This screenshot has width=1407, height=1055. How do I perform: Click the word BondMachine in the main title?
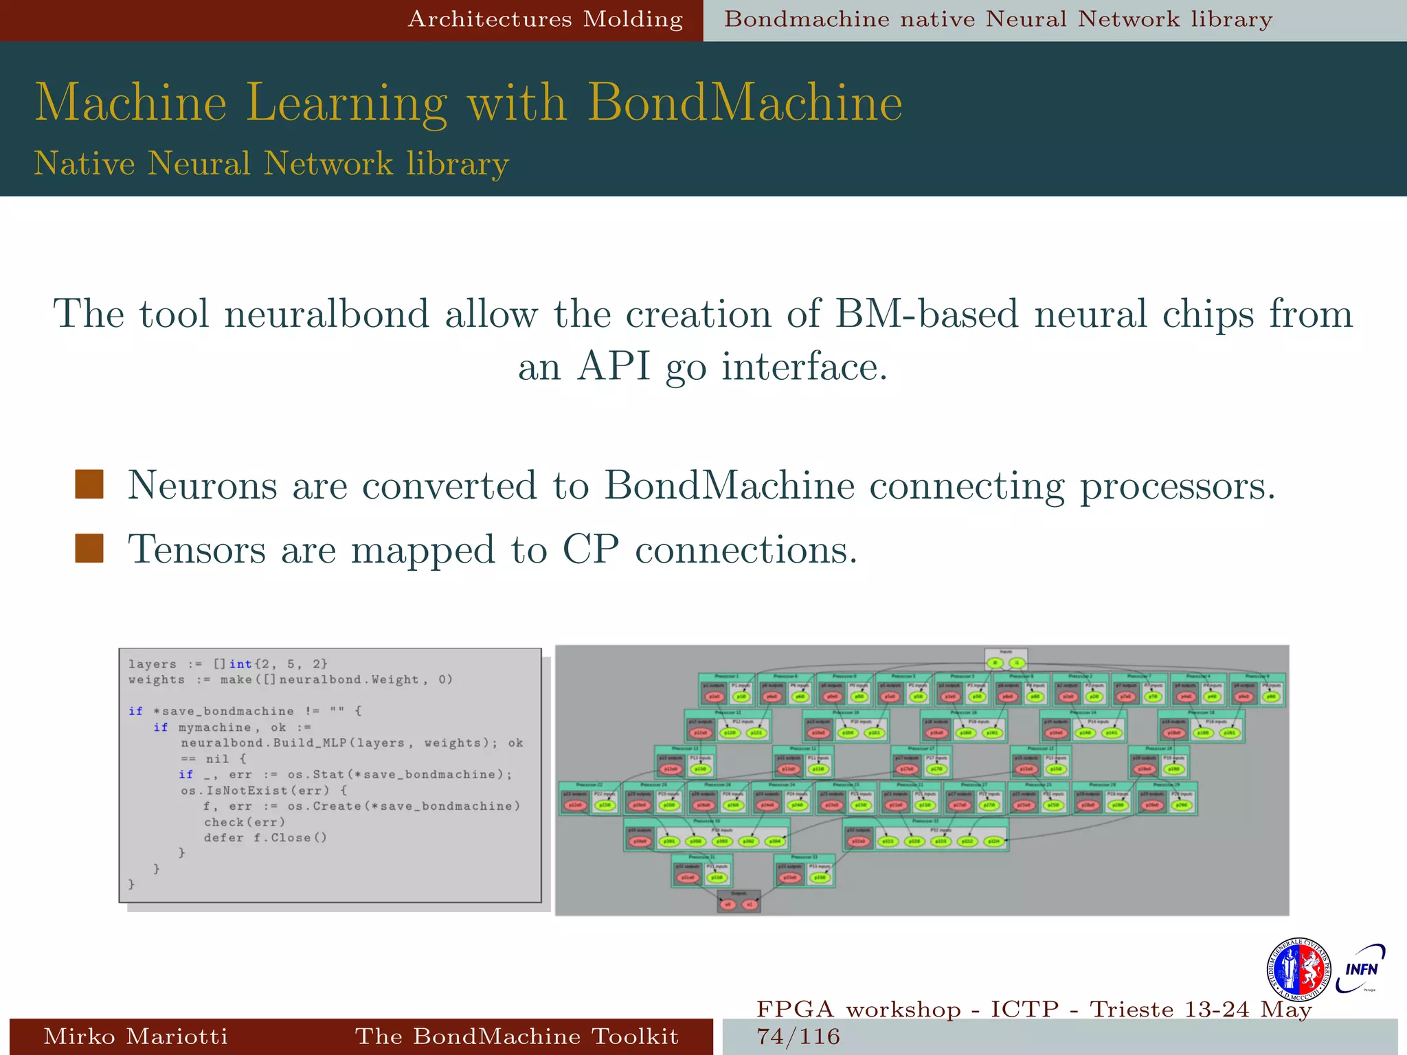745,103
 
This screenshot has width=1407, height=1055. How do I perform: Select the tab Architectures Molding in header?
545,19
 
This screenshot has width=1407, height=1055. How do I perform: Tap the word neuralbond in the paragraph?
326,315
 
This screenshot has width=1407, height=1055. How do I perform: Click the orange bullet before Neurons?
89,484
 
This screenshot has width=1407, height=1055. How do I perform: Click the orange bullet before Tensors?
89,549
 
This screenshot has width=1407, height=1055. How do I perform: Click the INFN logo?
1360,968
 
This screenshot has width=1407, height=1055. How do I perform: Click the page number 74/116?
798,1036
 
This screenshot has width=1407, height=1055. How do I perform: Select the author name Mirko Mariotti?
135,1036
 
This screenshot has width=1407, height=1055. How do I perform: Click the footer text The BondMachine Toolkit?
517,1036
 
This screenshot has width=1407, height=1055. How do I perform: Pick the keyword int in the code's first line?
240,664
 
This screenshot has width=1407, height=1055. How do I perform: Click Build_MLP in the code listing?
310,743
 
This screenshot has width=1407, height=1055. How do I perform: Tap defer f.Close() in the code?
265,838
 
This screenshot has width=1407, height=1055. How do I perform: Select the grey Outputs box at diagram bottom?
739,901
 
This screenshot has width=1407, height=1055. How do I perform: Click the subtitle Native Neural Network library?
271,163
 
